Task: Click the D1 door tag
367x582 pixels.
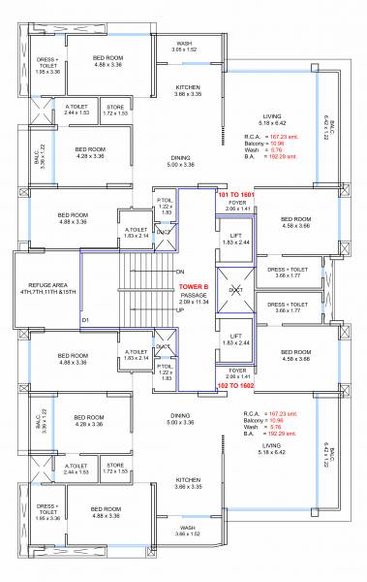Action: (x=85, y=319)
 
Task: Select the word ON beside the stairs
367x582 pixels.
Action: (x=180, y=272)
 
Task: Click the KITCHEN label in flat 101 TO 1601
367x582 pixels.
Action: (x=188, y=87)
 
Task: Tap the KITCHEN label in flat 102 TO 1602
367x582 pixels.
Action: (x=188, y=479)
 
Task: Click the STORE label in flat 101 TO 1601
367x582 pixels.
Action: (x=115, y=108)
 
